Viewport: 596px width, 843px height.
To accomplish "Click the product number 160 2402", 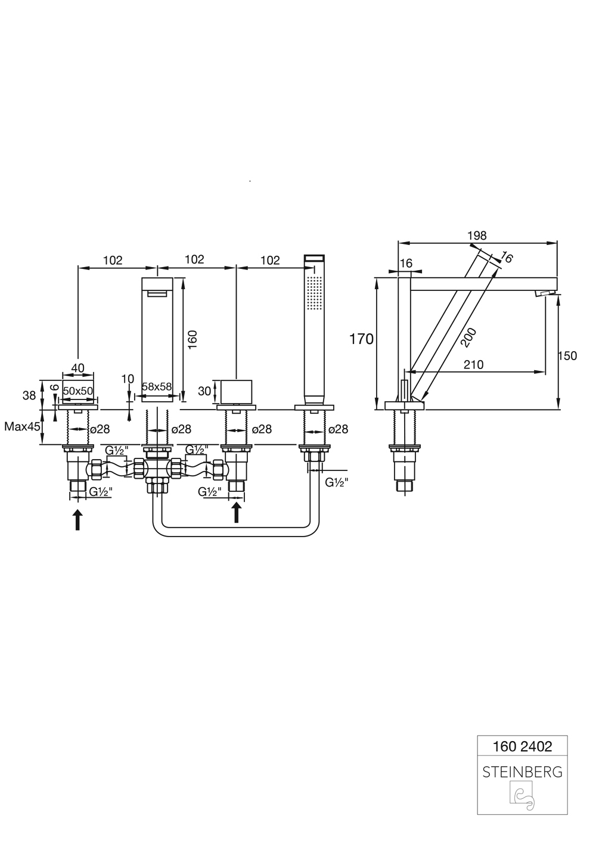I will click(522, 746).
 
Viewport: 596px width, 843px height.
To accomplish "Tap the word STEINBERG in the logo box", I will click(522, 772).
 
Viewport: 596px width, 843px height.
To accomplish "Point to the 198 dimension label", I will click(477, 235).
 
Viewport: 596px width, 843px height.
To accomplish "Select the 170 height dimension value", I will click(361, 339).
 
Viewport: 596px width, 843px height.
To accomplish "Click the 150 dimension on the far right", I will click(567, 356).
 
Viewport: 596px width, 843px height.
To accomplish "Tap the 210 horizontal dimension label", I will click(473, 364).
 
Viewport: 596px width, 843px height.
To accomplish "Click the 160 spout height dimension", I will click(192, 339).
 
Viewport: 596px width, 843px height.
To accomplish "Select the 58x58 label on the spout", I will click(157, 386).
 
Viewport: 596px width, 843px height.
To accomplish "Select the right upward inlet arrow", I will click(237, 512).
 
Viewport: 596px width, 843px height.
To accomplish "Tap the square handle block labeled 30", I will click(237, 392).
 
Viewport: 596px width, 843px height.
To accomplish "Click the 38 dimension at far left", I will click(29, 394).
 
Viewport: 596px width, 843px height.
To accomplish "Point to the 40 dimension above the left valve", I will click(77, 368).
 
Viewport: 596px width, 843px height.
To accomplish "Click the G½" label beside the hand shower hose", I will click(337, 482).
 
